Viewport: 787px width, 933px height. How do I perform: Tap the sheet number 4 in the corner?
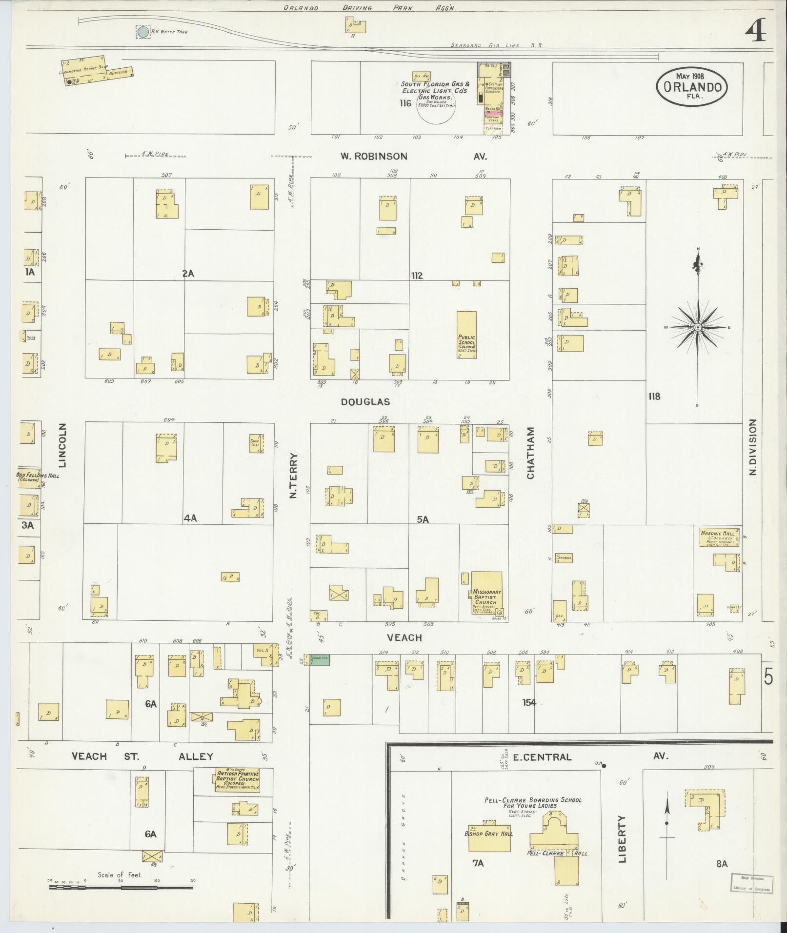755,32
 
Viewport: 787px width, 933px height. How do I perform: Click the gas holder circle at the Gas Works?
436,108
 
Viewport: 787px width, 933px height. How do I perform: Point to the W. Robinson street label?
374,157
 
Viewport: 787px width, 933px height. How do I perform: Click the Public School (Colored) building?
467,336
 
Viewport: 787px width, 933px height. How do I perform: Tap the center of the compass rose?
698,327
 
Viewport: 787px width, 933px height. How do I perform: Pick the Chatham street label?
531,453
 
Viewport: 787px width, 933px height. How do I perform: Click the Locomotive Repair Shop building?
85,71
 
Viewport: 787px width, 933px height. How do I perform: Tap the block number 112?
417,276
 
